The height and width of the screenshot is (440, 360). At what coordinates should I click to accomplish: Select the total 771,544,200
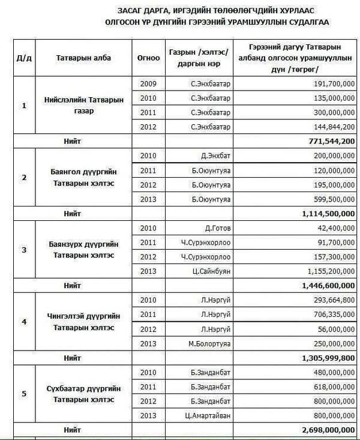tap(327, 140)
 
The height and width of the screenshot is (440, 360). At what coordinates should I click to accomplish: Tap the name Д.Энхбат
tap(211, 155)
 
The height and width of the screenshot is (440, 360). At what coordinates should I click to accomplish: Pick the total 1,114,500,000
tap(323, 213)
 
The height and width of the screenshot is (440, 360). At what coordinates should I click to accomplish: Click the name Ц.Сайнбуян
tap(207, 272)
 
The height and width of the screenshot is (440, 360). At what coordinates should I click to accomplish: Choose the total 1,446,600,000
tap(323, 286)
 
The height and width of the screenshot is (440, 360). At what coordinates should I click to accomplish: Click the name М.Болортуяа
tap(206, 343)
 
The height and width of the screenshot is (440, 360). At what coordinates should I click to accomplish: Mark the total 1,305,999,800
tap(323, 358)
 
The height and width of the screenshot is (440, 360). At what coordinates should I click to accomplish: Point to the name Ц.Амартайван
tap(205, 415)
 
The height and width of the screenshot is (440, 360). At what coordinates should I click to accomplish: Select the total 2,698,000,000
tap(323, 430)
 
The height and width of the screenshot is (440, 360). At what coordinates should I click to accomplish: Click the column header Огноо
tap(148, 58)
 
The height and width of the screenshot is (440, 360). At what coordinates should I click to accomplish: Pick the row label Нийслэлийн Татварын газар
tap(83, 105)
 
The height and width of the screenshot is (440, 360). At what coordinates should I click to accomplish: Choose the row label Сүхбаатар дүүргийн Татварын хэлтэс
tap(83, 394)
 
